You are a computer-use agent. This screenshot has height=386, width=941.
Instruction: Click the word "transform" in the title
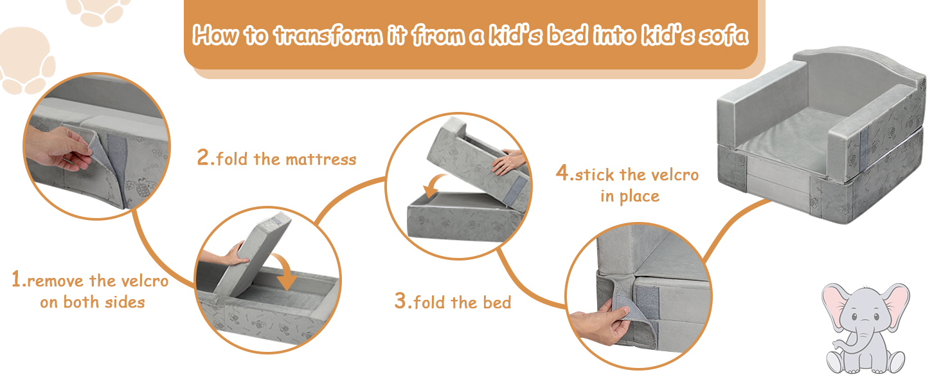pos(328,35)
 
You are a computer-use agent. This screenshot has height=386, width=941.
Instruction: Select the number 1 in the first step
pos(16,279)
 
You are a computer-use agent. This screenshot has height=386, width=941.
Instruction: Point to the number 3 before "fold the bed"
pos(400,300)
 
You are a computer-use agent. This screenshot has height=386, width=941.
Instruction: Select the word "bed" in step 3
pos(497,302)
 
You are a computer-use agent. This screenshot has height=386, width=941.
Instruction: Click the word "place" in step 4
pos(640,197)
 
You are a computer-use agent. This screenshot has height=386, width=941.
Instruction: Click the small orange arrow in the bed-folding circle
pos(434,185)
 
